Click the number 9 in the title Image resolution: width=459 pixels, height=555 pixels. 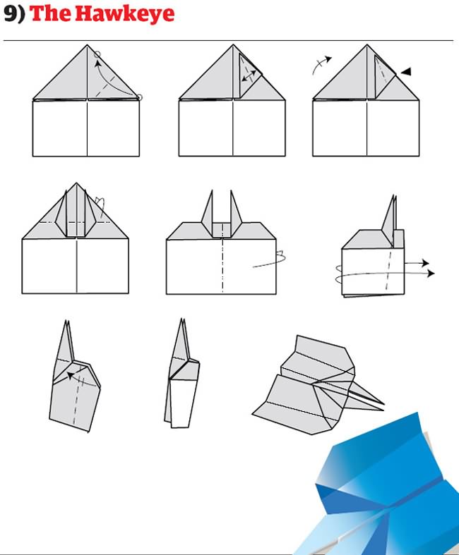click(x=10, y=13)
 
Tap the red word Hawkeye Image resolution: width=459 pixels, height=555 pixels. click(x=125, y=13)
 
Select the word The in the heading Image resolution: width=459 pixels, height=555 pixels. click(x=51, y=13)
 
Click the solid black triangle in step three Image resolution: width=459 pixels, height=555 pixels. click(x=406, y=71)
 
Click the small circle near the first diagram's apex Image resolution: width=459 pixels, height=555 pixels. click(x=97, y=54)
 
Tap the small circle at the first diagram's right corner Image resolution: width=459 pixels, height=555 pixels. click(x=139, y=97)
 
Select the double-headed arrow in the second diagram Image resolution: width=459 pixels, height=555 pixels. click(x=249, y=75)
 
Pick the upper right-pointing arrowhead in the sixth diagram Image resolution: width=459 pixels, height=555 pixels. click(x=424, y=263)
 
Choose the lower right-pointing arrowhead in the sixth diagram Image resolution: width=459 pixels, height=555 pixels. click(x=430, y=273)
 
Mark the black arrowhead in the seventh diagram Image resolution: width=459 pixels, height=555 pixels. click(x=71, y=375)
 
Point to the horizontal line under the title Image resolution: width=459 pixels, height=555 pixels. click(x=228, y=41)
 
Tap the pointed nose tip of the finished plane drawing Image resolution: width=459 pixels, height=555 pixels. click(x=383, y=404)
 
